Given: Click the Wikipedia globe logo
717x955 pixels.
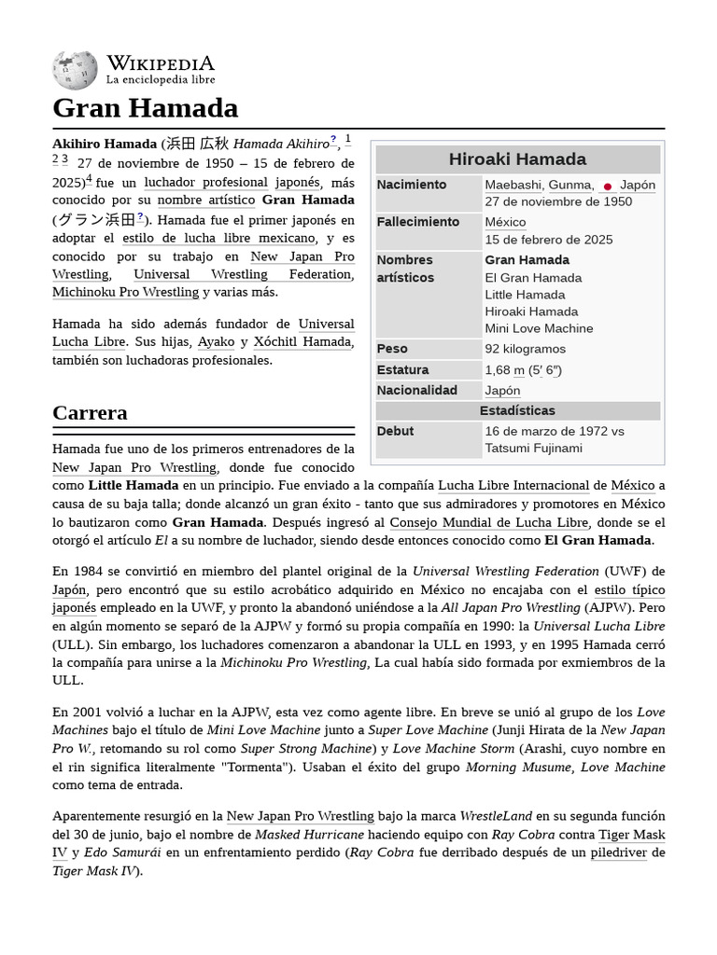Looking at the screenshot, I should coord(75,71).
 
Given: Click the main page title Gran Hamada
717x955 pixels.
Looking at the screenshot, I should coord(145,108).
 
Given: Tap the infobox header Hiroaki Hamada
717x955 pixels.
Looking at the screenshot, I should coord(517,159).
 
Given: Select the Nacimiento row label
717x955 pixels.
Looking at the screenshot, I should coord(412,185).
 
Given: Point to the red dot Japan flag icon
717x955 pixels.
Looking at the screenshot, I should coord(608,187).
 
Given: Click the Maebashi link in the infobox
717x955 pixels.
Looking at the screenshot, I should coord(513,185).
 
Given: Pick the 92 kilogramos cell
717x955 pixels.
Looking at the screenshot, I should coord(525,349).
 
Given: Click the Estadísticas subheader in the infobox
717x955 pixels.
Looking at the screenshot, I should coord(517,410).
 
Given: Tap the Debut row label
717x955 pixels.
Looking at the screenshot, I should coord(395,431).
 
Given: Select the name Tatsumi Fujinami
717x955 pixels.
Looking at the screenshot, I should coord(533,448).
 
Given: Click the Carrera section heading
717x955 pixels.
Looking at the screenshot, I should coord(91,412).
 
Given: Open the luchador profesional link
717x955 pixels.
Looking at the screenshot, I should coord(205,182).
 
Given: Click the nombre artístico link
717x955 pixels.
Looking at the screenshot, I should coord(205,200).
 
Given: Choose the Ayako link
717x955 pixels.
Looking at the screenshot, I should coord(216,341).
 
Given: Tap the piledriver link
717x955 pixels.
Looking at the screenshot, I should coord(618,852).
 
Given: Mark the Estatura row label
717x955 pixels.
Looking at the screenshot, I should coord(402,369).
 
